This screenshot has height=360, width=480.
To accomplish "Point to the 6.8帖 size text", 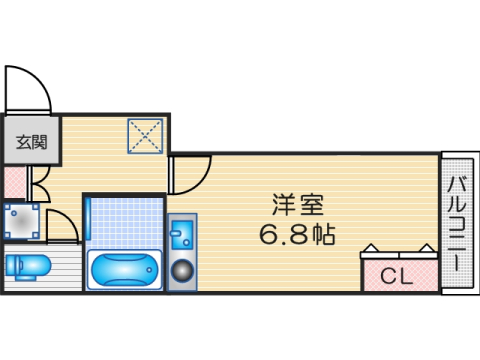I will [x=297, y=236].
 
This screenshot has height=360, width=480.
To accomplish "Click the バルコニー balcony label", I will [x=456, y=223].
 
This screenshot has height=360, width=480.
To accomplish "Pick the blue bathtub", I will [x=122, y=270].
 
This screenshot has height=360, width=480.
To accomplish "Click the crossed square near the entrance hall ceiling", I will [x=145, y=136].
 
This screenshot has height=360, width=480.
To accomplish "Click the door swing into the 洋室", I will [x=190, y=173].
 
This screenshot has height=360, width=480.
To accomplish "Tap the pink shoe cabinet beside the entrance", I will [x=14, y=183].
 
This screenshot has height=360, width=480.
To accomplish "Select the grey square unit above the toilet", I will [x=22, y=221].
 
